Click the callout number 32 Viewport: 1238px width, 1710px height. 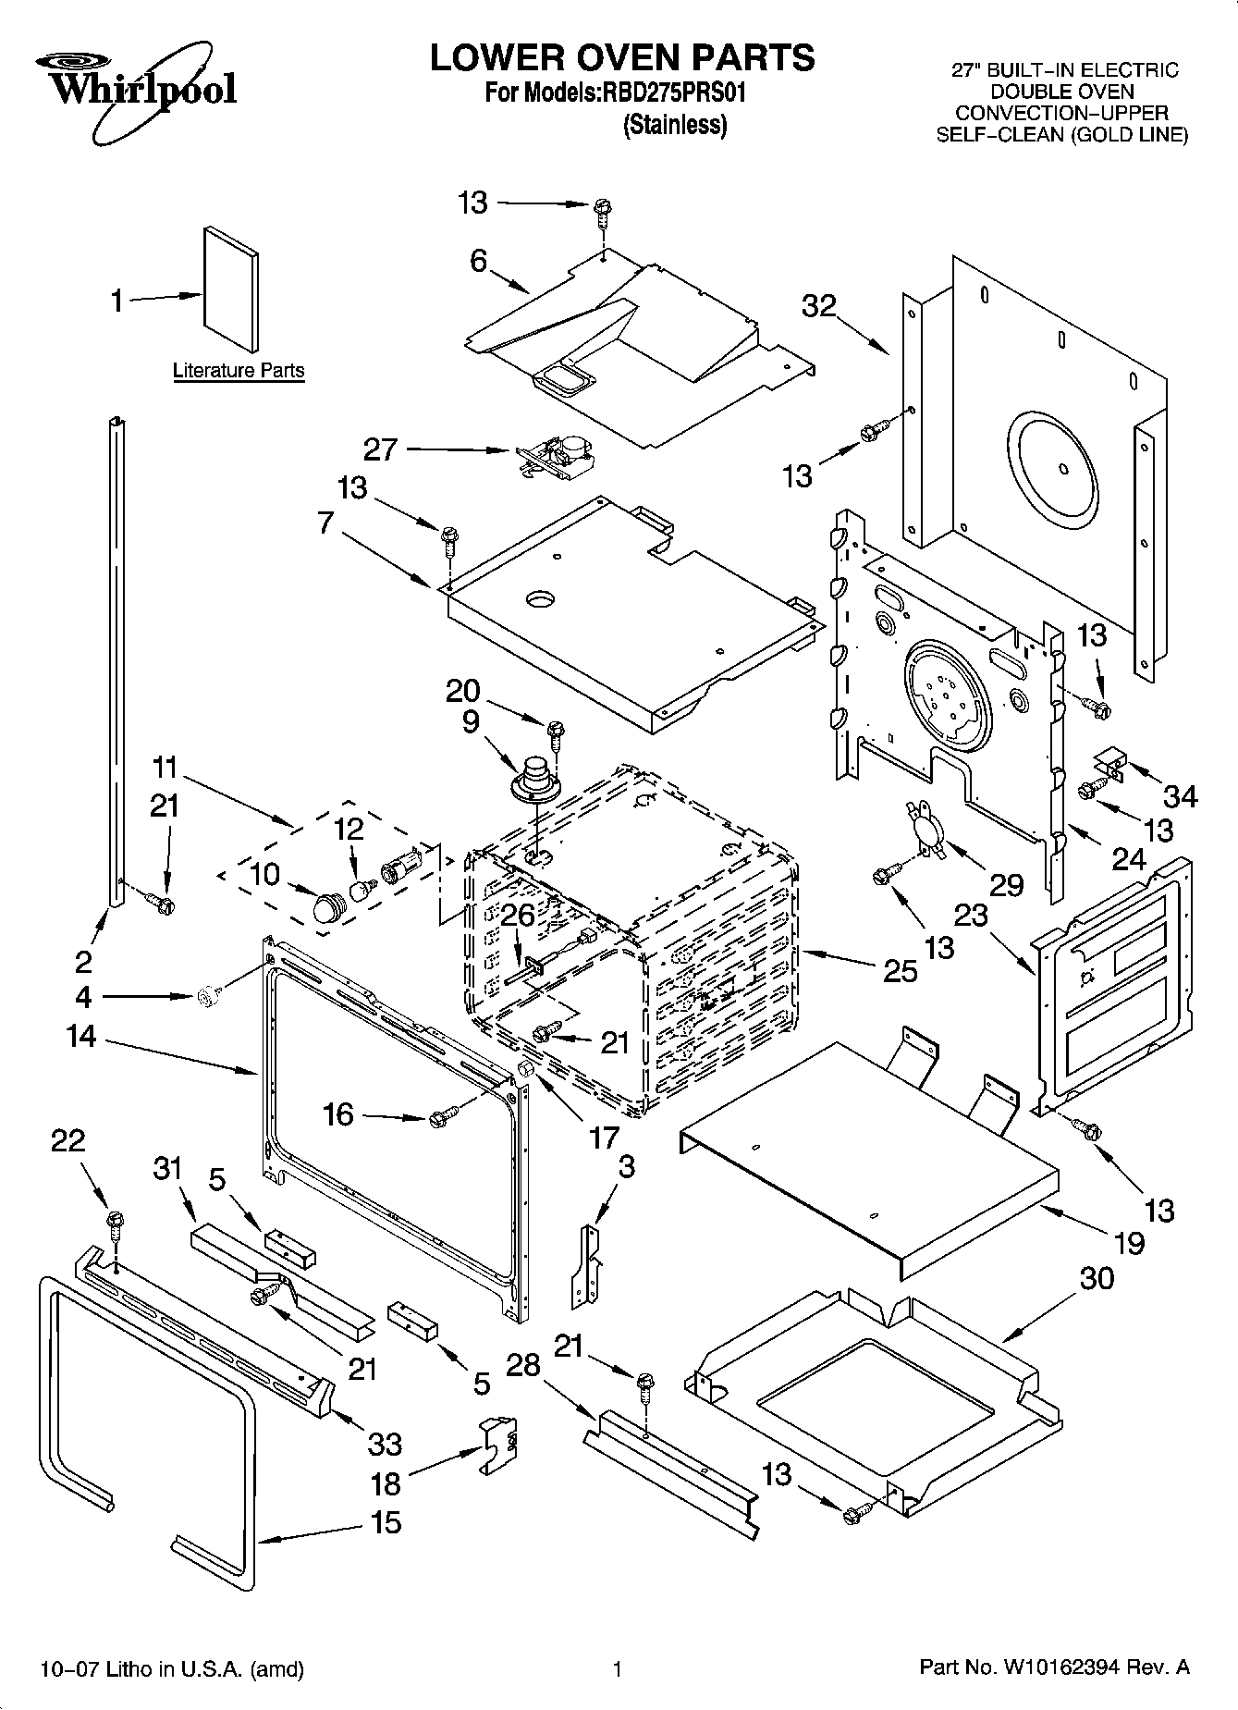click(x=818, y=306)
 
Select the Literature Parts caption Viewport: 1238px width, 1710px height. click(x=239, y=371)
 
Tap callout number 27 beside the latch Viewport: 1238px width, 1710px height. click(x=380, y=449)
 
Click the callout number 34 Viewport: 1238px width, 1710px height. click(x=1180, y=795)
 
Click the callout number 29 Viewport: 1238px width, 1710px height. click(x=1006, y=884)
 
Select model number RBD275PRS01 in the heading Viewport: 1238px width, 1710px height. click(x=675, y=92)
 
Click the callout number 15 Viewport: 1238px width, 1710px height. click(x=386, y=1521)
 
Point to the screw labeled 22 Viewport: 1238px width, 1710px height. click(x=116, y=1225)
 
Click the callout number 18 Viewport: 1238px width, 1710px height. click(x=386, y=1483)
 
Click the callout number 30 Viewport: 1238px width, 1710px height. click(x=1097, y=1278)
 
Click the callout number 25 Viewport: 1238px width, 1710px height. click(x=900, y=970)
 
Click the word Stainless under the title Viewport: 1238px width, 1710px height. click(x=675, y=126)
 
